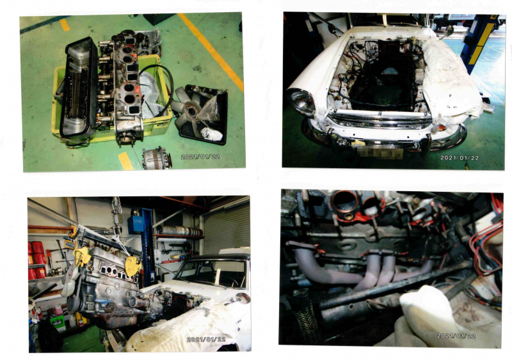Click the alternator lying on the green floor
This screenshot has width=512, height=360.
[156, 158]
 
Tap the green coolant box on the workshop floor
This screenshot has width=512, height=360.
[58, 323]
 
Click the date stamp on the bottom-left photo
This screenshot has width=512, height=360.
[206, 340]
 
